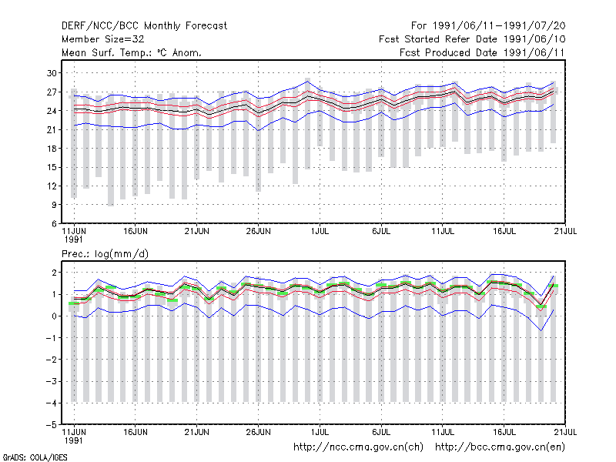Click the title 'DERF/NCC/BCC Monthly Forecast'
(144, 26)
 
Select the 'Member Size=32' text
(103, 39)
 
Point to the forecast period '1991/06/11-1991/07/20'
(499, 26)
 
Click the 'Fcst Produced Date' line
(482, 52)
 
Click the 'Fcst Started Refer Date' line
(472, 39)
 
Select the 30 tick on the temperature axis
(52, 73)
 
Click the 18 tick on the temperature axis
(52, 149)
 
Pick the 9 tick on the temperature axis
(54, 205)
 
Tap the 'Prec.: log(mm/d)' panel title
(105, 254)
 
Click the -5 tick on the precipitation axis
(52, 425)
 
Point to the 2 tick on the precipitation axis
(54, 273)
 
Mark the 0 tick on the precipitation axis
(54, 316)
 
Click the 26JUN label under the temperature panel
(258, 231)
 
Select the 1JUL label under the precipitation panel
(320, 432)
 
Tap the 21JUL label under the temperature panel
(565, 231)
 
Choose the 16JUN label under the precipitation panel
(136, 432)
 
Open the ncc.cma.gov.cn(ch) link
(358, 447)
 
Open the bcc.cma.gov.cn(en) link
(500, 447)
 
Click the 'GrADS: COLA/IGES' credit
(35, 457)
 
